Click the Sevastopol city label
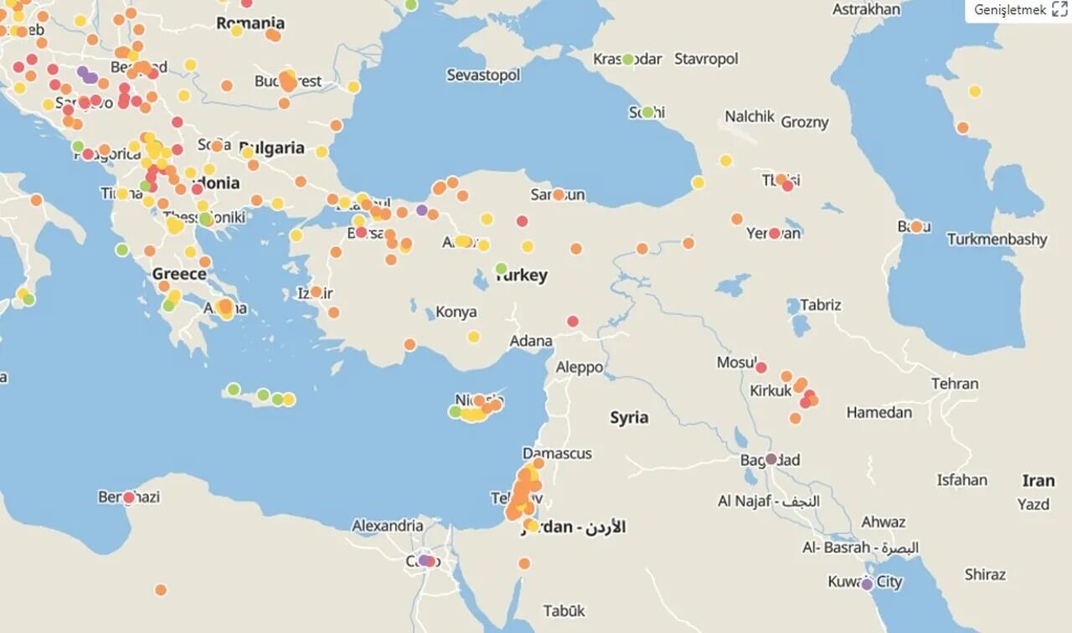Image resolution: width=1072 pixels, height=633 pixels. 483,75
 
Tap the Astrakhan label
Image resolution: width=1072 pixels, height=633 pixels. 866,9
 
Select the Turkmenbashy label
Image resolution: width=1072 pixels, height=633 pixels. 997,239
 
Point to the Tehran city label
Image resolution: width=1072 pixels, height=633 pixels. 955,383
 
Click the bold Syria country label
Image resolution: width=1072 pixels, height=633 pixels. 629,418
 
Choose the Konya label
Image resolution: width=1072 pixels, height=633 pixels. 456,311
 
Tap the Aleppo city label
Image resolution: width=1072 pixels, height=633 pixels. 580,367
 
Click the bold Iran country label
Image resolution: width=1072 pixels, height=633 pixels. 1038,481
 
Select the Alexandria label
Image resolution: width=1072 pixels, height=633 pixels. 387,526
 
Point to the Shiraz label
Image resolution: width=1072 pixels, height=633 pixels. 985,574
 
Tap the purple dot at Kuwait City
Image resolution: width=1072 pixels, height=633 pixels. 867,584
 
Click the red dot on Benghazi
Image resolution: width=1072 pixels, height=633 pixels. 129,497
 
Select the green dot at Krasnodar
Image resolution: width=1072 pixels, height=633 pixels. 628,59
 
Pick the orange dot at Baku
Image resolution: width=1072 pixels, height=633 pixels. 916,226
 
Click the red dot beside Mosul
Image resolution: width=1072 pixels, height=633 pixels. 761,367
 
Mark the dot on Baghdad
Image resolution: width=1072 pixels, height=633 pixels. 771,459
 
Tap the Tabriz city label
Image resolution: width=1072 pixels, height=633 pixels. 820,305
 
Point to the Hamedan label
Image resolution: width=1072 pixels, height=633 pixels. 879,412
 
